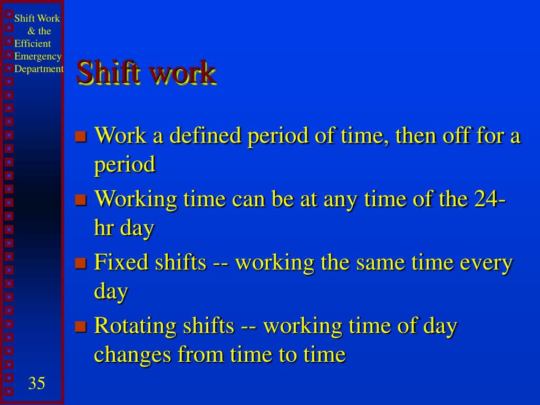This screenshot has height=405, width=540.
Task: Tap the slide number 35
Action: (36, 383)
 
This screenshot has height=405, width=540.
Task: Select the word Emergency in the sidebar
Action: (38, 56)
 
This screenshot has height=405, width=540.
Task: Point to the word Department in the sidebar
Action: (39, 69)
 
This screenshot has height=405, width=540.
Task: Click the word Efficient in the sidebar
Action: (33, 44)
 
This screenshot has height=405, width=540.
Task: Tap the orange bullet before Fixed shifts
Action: (80, 264)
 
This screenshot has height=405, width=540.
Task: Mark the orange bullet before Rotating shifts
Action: (80, 327)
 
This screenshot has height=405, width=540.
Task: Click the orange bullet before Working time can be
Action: (80, 200)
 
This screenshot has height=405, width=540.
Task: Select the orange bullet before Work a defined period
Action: (80, 137)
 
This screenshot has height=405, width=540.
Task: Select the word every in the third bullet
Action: (486, 263)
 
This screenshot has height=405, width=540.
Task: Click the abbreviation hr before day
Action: (103, 228)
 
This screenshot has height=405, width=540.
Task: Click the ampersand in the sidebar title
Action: (32, 31)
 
